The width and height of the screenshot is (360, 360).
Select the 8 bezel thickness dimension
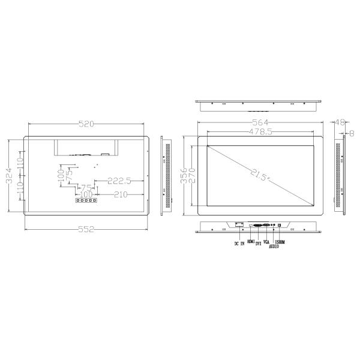(352, 132)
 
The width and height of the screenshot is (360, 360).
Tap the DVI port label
(258, 244)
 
